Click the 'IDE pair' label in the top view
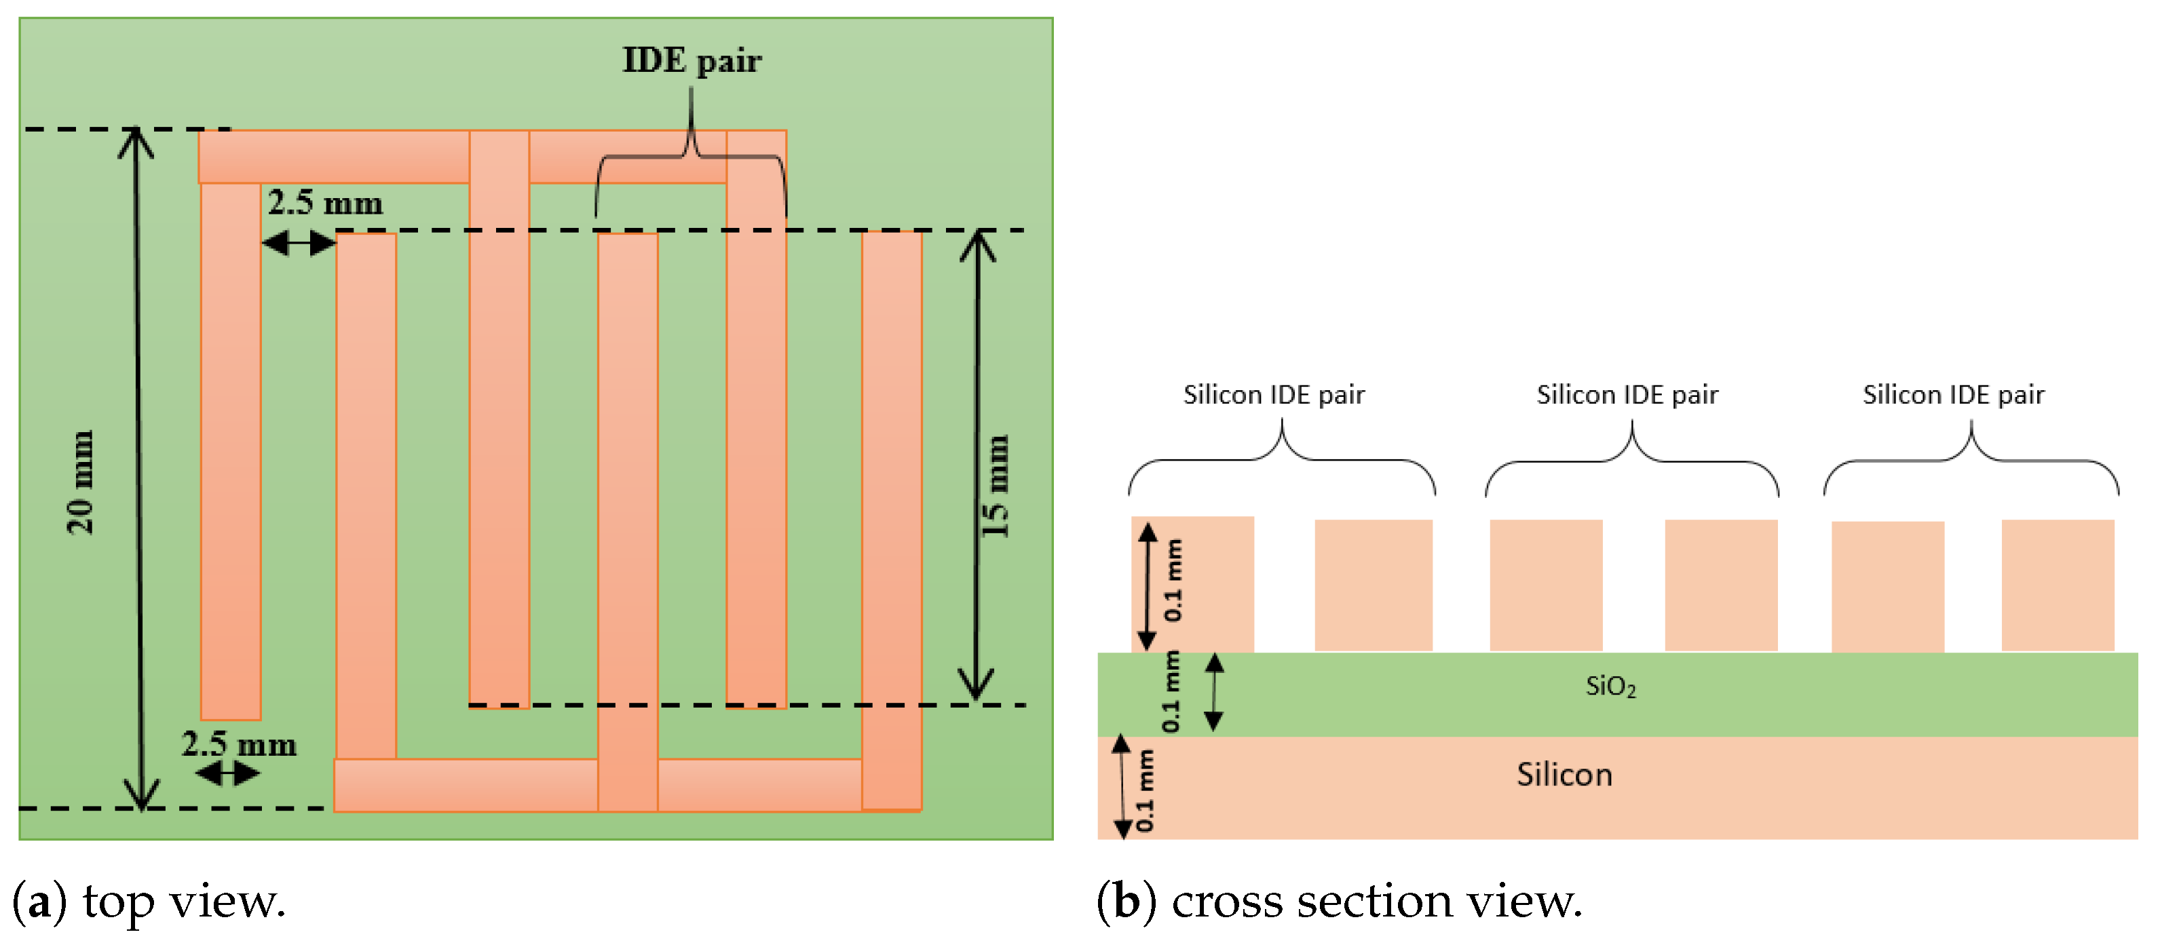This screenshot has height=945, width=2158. pos(692,61)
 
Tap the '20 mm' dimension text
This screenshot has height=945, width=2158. pos(81,482)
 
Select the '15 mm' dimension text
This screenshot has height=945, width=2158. pos(996,486)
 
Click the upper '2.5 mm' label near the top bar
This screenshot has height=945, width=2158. pos(325,204)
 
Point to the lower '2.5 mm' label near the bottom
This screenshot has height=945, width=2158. pos(240,745)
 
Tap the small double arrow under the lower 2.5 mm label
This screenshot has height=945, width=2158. pos(227,773)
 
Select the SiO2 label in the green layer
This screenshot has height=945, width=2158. pos(1610,687)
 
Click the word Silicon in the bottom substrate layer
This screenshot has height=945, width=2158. pos(1564,775)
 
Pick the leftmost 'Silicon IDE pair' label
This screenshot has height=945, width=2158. pos(1273,395)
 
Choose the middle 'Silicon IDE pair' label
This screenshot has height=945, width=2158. pos(1627,395)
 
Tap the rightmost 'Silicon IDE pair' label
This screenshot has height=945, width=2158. pos(1953,395)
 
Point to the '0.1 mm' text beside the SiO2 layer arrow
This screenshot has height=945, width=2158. pos(1171,692)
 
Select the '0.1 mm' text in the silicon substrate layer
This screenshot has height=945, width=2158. pos(1144,790)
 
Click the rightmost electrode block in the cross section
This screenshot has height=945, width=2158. pos(2058,585)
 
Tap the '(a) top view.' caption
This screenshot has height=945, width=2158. pos(149,902)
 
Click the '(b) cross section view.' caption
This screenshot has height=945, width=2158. pos(1339,902)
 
